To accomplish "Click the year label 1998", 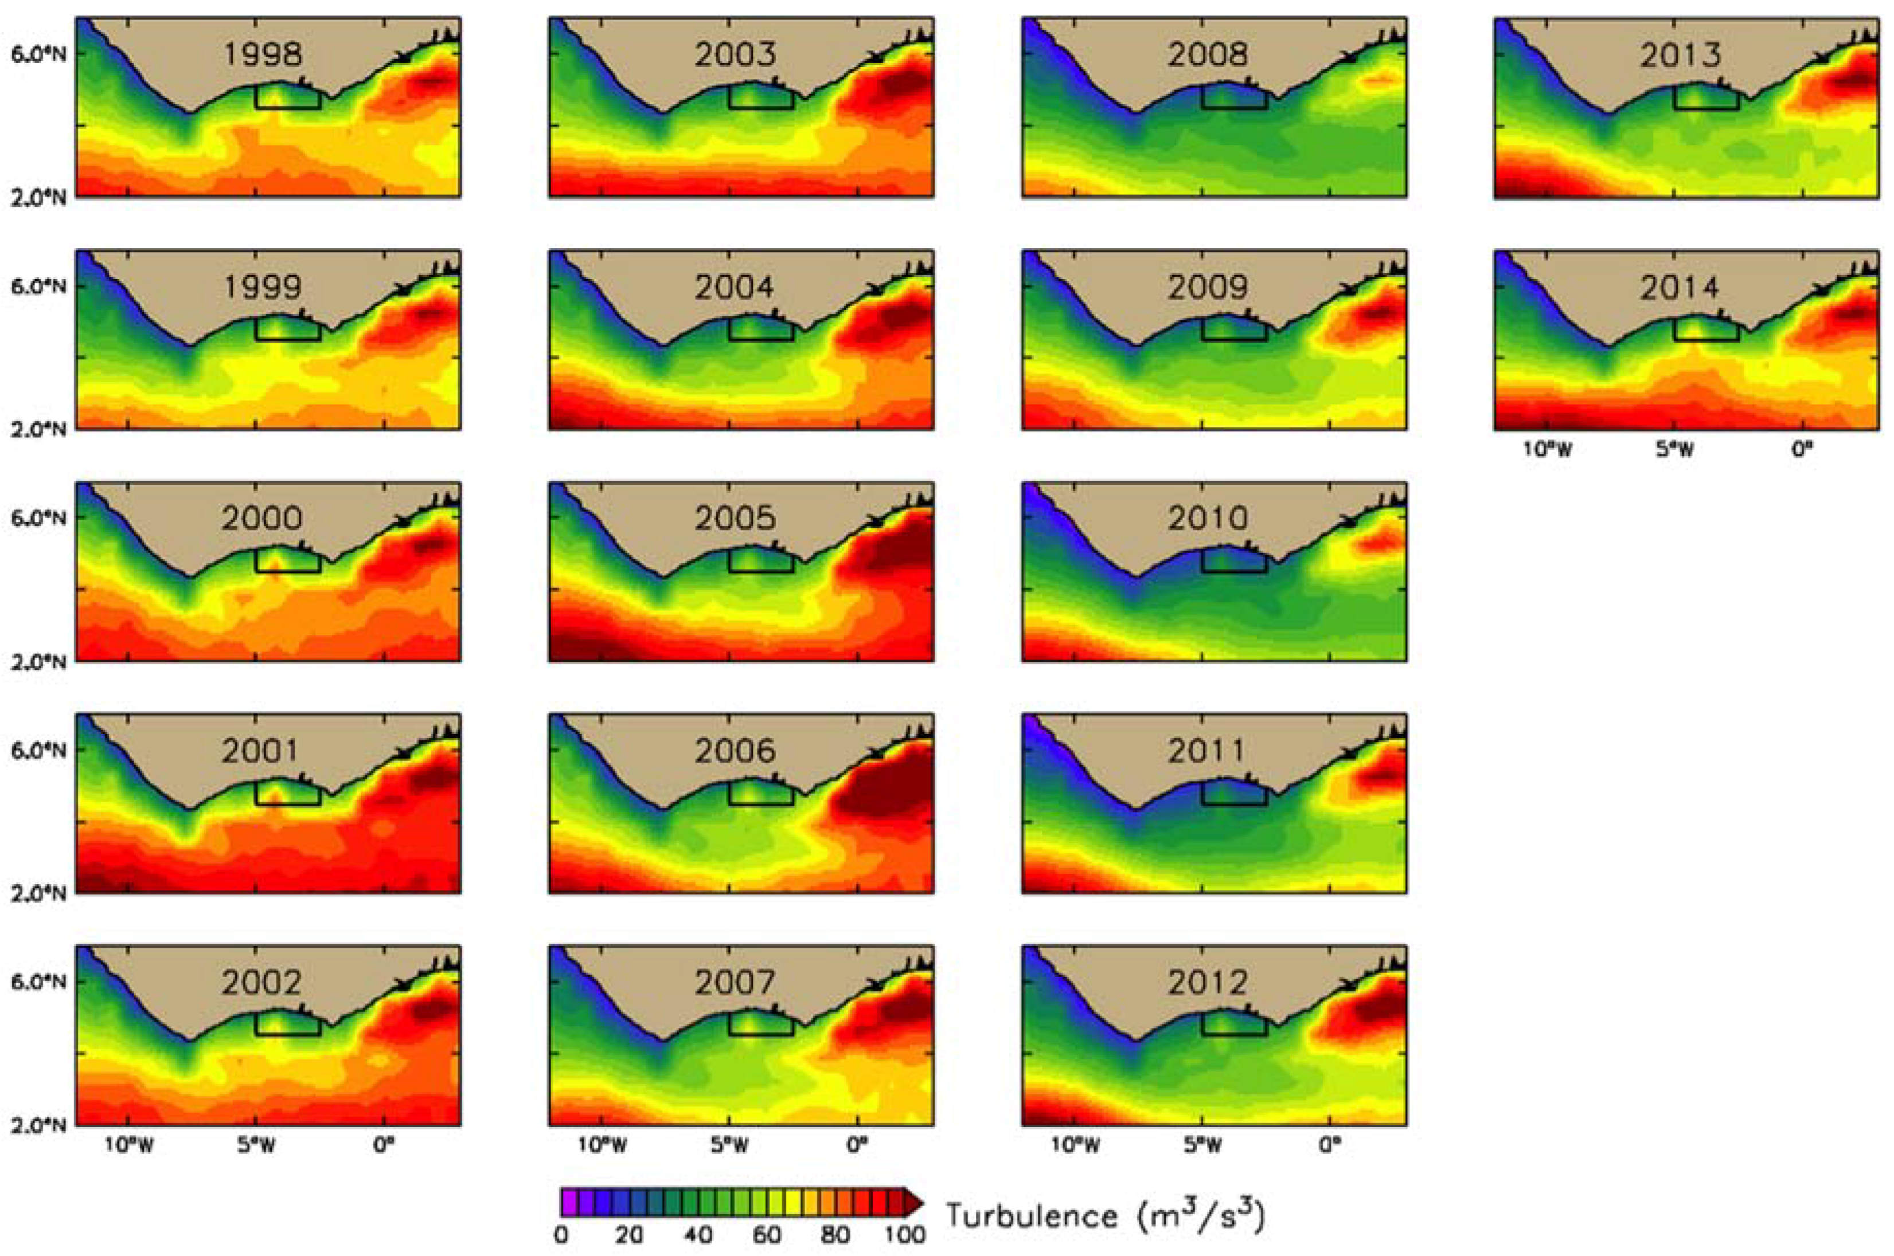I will (x=262, y=54).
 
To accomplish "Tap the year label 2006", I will (x=735, y=751).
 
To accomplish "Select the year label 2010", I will (x=1207, y=518).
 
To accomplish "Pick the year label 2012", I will (x=1207, y=983).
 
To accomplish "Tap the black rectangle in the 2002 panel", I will (x=287, y=1025).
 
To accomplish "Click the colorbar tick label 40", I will (x=697, y=1235).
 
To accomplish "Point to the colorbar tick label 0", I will (x=561, y=1235).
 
